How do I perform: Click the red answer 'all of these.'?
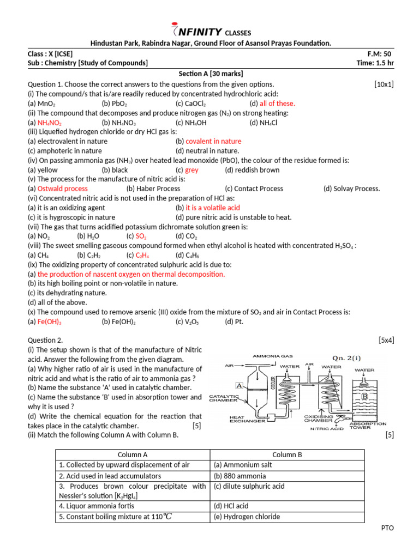point(277,104)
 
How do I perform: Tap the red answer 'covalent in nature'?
point(213,141)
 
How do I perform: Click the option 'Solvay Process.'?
point(351,189)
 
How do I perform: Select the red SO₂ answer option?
point(141,236)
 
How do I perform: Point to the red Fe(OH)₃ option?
point(49,322)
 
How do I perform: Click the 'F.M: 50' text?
point(380,54)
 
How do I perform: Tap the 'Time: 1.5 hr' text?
point(374,63)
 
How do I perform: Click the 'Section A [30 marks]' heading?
point(211,74)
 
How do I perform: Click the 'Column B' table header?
point(287,454)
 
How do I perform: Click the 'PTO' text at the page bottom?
point(387,528)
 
